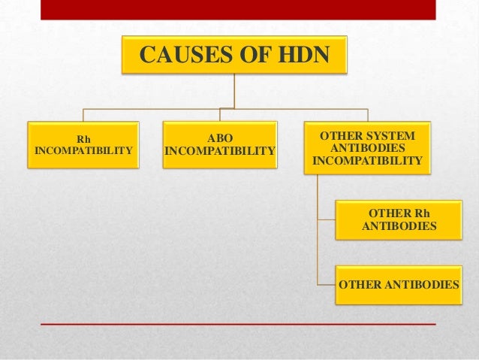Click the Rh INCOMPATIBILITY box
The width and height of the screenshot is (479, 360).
83,145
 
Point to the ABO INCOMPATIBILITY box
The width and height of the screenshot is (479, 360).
220,145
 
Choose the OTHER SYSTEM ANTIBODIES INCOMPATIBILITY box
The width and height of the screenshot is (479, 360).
367,148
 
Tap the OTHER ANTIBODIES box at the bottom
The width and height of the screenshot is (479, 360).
399,286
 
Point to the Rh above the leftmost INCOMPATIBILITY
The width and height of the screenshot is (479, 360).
83,138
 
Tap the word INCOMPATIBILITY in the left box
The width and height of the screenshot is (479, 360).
83,151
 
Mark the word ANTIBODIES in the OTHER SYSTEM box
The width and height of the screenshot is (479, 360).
367,148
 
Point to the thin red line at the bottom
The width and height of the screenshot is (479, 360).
238,323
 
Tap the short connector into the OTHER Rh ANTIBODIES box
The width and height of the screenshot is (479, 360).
326,220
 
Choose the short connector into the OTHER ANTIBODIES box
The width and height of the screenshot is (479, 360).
326,286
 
